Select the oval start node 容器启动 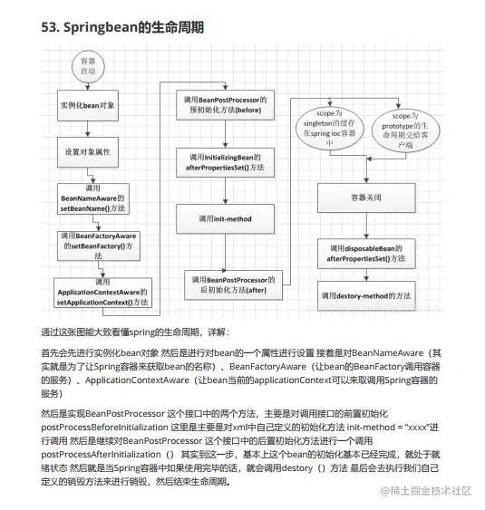point(87,66)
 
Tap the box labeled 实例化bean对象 point(87,105)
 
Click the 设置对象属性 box point(87,151)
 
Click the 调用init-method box point(223,218)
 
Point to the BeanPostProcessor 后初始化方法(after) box point(234,284)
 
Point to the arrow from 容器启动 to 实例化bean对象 point(87,84)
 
